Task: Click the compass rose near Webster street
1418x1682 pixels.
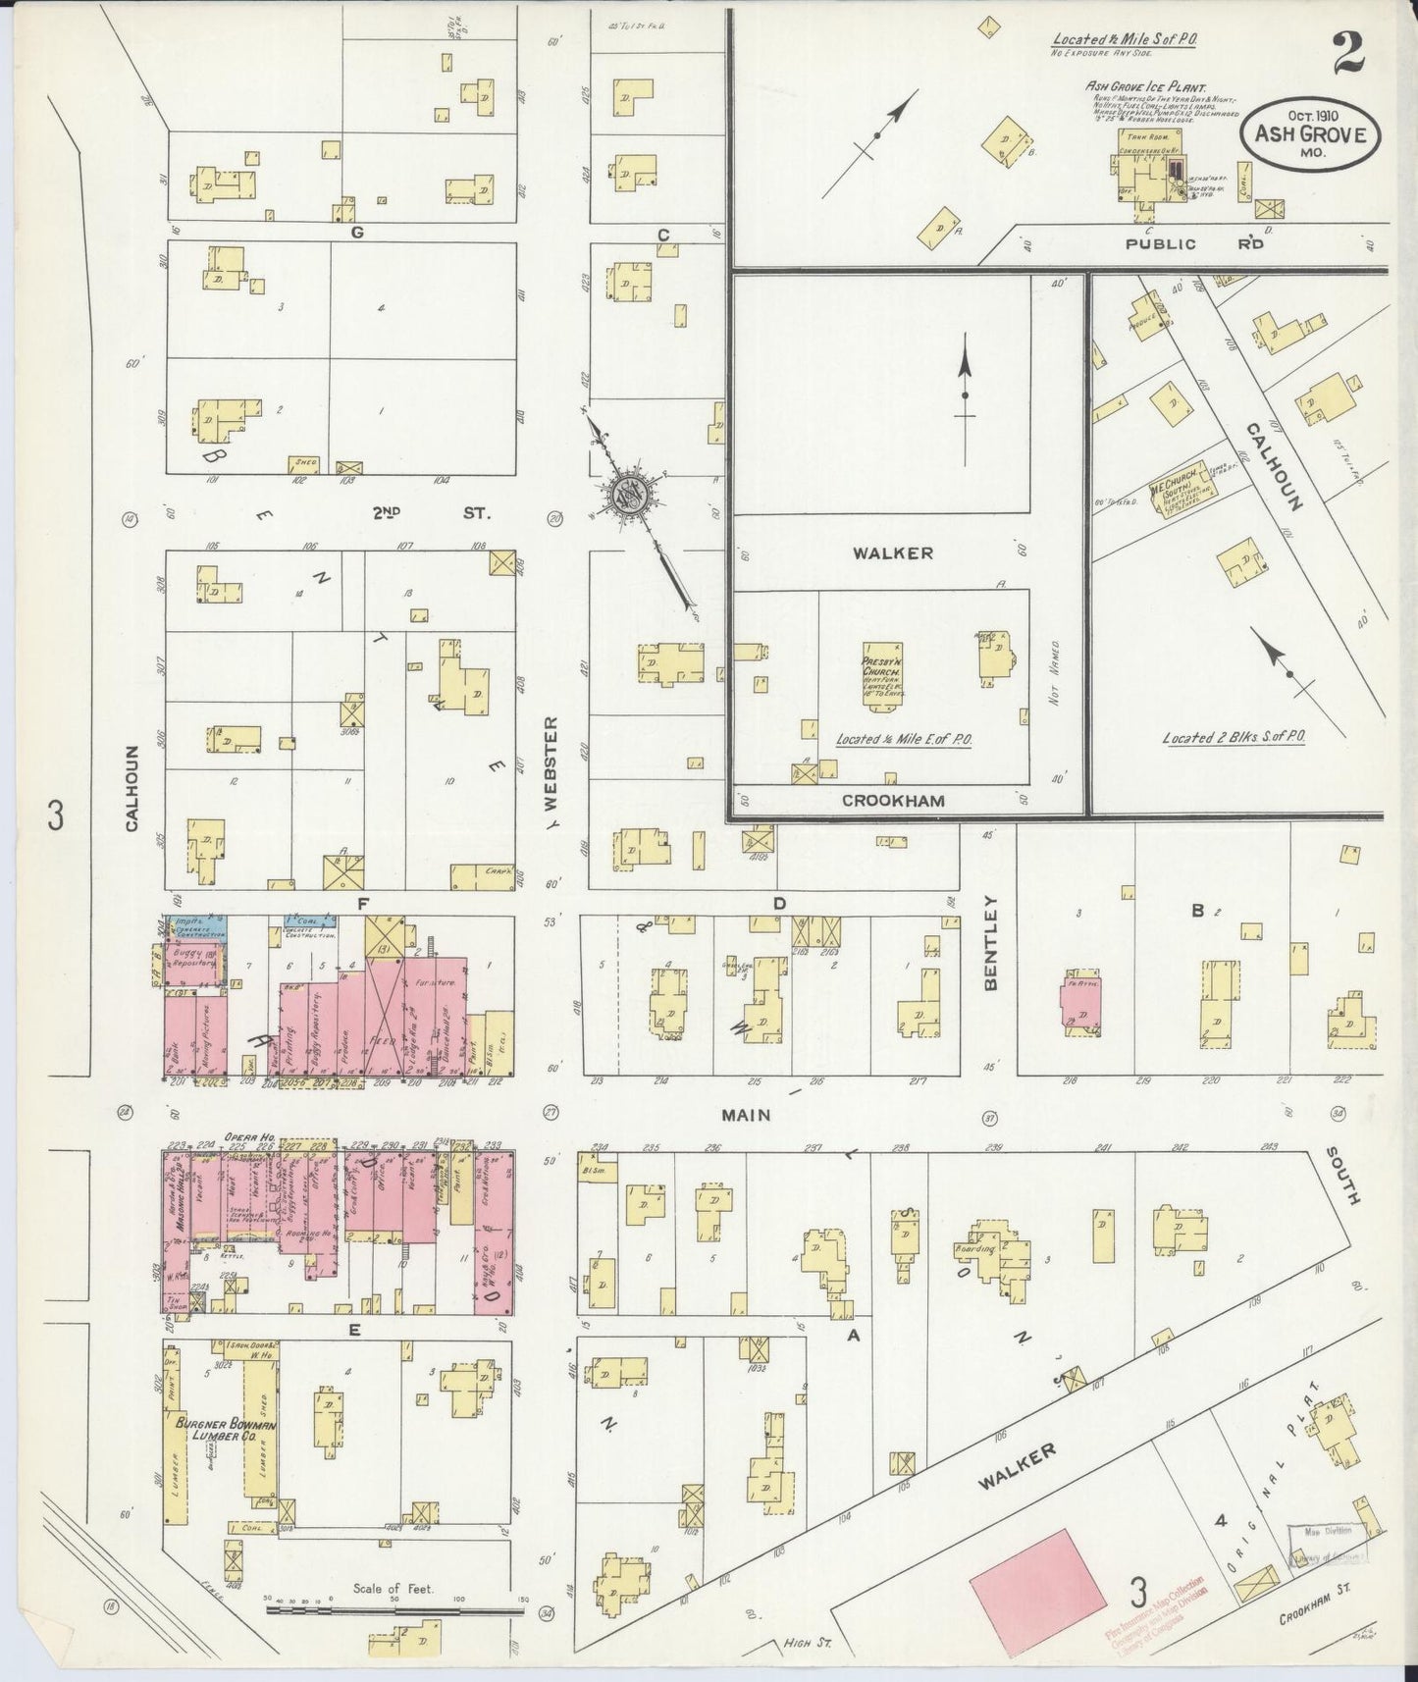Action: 628,495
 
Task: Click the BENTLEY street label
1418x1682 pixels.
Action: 990,942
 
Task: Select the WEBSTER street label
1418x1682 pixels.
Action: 551,762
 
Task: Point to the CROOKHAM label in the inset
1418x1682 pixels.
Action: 893,801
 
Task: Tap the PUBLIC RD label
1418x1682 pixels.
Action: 1193,243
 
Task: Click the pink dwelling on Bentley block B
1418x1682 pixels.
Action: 1080,1007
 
